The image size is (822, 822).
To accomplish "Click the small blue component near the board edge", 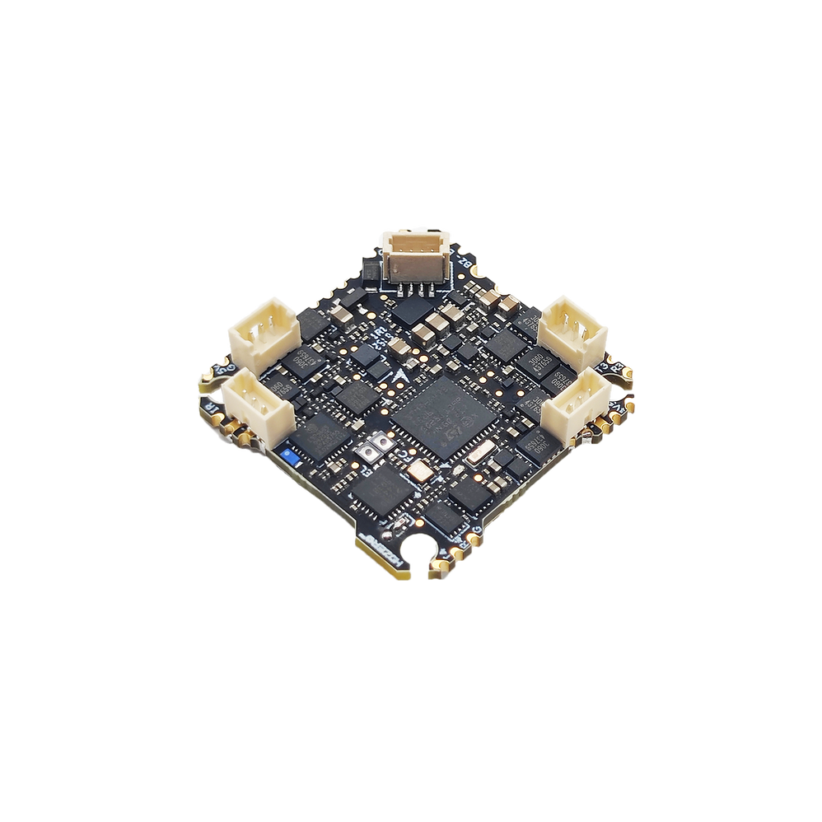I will (287, 453).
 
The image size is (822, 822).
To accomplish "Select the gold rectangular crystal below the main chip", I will (419, 471).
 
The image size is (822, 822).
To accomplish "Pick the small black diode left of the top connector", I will (371, 268).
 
